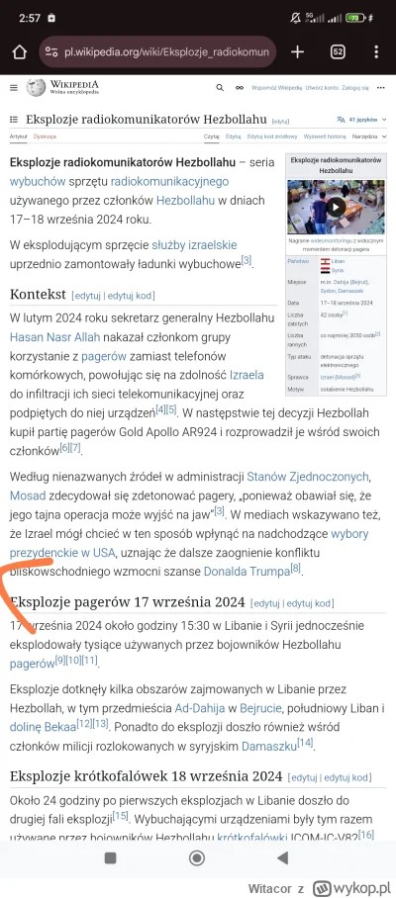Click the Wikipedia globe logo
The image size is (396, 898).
tap(37, 88)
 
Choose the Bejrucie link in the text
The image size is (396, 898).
tap(258, 708)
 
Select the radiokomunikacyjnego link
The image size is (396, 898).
tap(169, 181)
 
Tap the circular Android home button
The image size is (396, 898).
tap(197, 857)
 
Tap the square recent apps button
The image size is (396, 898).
tap(111, 857)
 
